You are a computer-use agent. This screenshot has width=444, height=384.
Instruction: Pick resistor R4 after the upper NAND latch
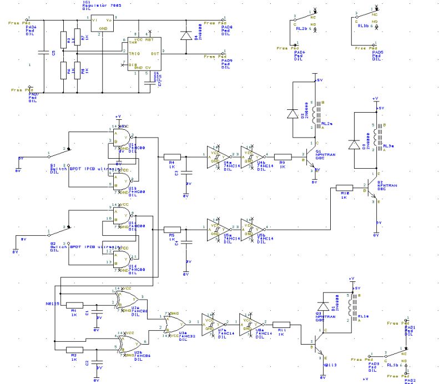click(x=172, y=156)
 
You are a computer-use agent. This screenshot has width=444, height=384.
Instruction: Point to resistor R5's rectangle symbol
click(x=172, y=229)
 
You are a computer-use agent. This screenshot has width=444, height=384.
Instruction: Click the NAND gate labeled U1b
click(x=122, y=180)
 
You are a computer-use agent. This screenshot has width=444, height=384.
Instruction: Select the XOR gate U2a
click(x=125, y=300)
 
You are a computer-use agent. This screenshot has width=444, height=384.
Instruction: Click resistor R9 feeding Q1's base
click(x=282, y=156)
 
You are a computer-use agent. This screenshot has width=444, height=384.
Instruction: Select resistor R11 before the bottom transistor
click(x=281, y=325)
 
